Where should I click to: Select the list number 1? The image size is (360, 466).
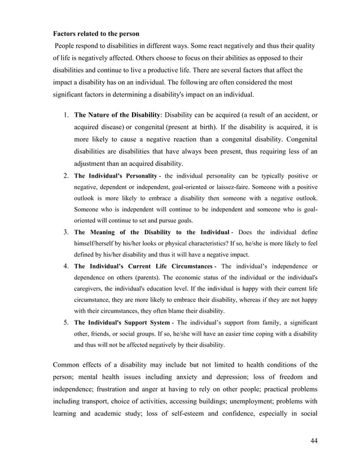click(x=65, y=116)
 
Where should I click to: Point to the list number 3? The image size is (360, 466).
click(x=65, y=232)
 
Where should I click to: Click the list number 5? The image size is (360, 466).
click(x=65, y=322)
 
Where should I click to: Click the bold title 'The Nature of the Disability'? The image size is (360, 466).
click(x=117, y=116)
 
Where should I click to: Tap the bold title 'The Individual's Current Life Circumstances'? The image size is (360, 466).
click(x=143, y=266)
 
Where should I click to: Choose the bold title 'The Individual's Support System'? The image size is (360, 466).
click(x=121, y=322)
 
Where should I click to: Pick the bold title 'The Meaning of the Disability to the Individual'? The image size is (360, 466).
click(x=151, y=232)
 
